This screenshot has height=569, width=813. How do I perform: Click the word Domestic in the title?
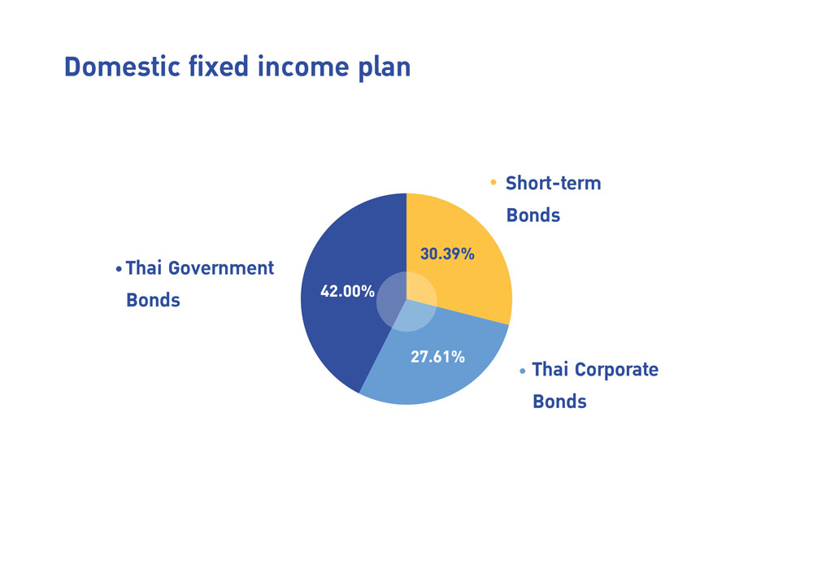click(x=122, y=67)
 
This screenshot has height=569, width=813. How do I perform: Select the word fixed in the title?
click(x=218, y=67)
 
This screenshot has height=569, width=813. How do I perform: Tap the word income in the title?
click(x=303, y=67)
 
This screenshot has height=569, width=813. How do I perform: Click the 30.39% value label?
click(x=447, y=254)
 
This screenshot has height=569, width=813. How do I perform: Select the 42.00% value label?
click(x=347, y=291)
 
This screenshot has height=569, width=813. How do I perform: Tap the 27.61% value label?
click(x=437, y=357)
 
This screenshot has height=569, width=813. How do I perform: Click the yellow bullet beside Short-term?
click(x=493, y=182)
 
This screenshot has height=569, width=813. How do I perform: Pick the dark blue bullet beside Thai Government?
click(x=119, y=268)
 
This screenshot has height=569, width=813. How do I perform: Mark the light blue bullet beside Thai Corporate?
click(x=522, y=371)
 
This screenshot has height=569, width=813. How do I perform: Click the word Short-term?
click(x=553, y=183)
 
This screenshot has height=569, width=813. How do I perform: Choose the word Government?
click(x=221, y=268)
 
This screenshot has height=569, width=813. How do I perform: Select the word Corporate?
click(x=616, y=370)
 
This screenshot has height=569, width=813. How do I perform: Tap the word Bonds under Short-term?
click(x=533, y=215)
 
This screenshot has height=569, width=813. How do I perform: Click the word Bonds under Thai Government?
click(x=153, y=300)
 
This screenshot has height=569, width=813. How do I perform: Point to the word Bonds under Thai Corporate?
click(x=559, y=402)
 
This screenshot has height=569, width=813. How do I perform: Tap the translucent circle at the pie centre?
click(x=406, y=302)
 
